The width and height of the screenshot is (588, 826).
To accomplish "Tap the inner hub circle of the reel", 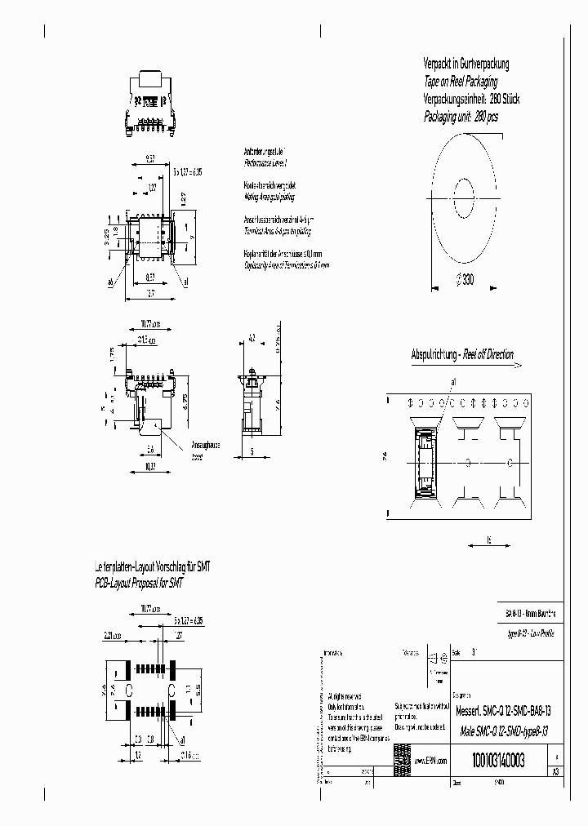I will [x=464, y=196].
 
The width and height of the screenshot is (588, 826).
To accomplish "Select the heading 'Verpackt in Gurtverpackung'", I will [x=466, y=64].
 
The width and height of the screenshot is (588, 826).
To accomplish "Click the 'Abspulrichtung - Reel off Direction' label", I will [x=462, y=354].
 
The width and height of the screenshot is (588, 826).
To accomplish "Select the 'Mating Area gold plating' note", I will [x=269, y=197].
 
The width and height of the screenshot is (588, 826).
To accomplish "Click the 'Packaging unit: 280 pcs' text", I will [x=461, y=117].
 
